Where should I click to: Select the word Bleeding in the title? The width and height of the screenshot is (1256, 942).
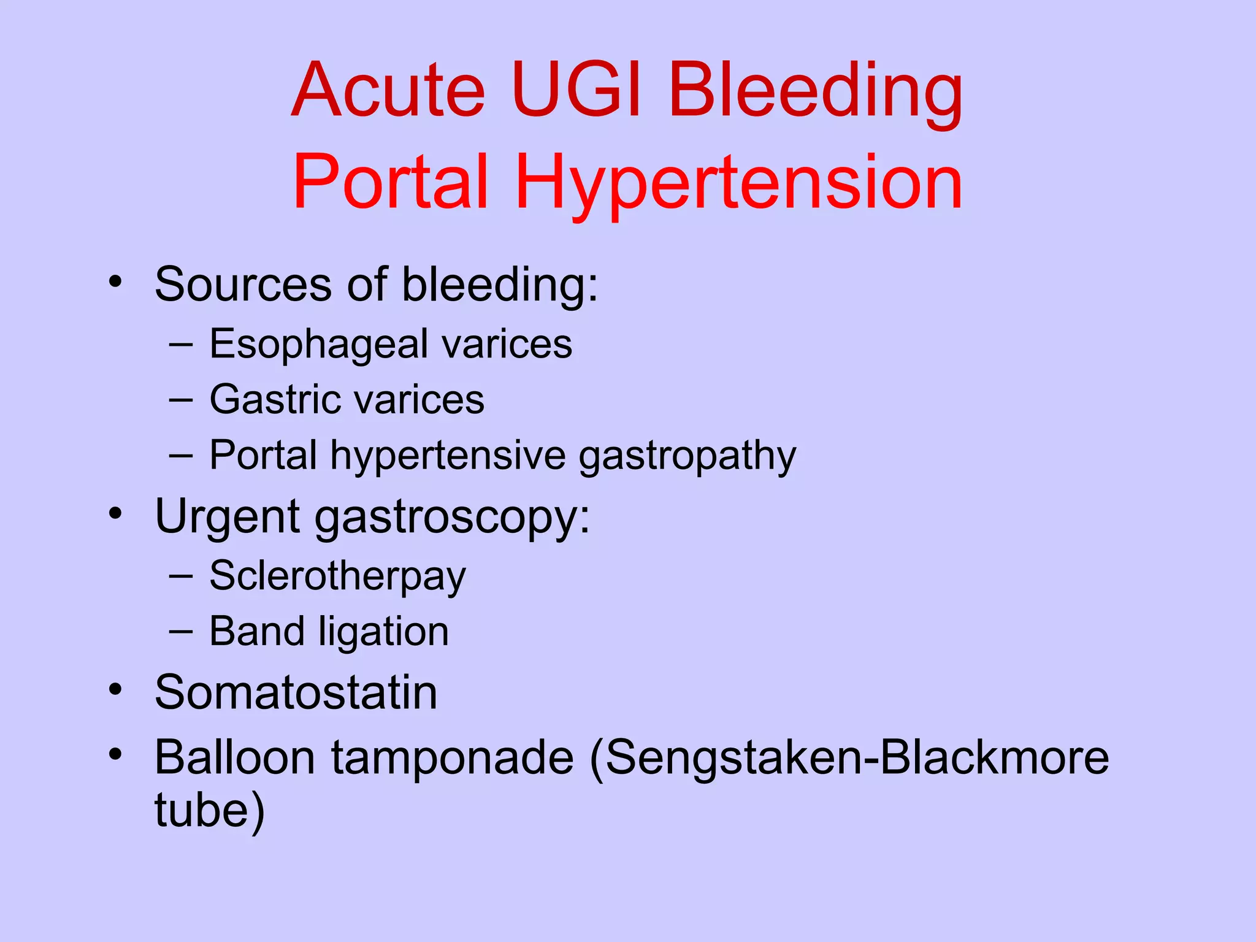(x=816, y=92)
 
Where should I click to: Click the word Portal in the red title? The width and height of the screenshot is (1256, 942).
(x=391, y=182)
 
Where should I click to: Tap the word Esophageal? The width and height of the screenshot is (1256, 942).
(x=318, y=345)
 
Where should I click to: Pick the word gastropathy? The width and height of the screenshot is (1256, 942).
(x=687, y=457)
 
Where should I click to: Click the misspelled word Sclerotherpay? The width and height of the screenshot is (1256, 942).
(x=337, y=576)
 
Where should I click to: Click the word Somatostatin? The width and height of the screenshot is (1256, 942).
(x=296, y=693)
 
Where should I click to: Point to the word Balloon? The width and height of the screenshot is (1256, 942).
(x=235, y=758)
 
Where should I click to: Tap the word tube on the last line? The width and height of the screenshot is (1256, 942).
(x=202, y=811)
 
